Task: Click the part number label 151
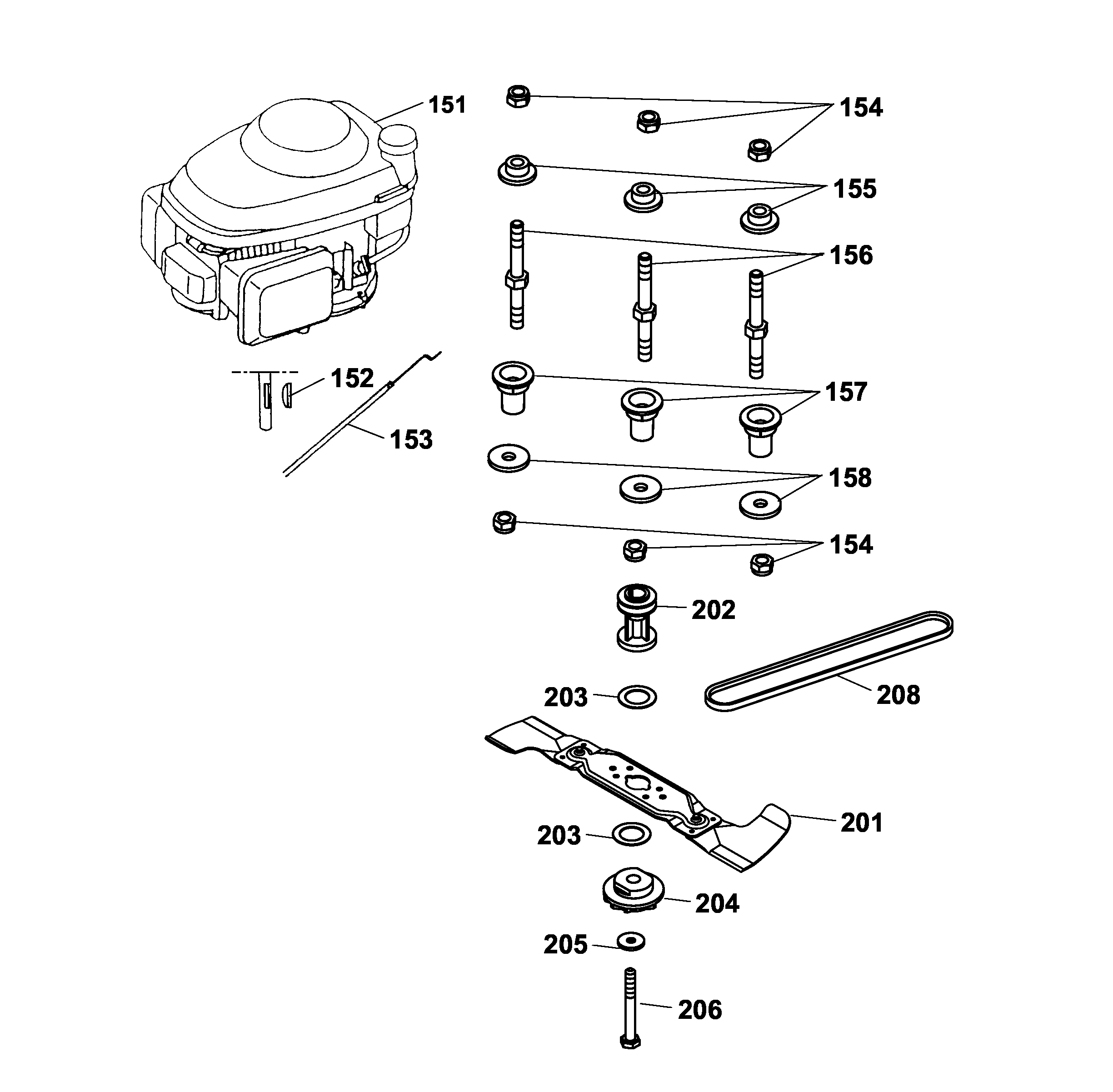point(447,105)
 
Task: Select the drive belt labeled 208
point(829,661)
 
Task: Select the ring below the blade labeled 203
point(631,834)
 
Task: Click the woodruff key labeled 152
point(287,396)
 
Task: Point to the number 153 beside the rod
point(411,440)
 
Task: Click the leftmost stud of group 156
point(517,275)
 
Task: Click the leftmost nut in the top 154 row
point(518,96)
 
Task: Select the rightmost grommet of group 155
point(759,218)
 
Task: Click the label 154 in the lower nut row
point(851,545)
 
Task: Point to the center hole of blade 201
point(636,781)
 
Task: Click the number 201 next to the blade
point(861,823)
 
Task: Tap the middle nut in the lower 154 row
point(634,550)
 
